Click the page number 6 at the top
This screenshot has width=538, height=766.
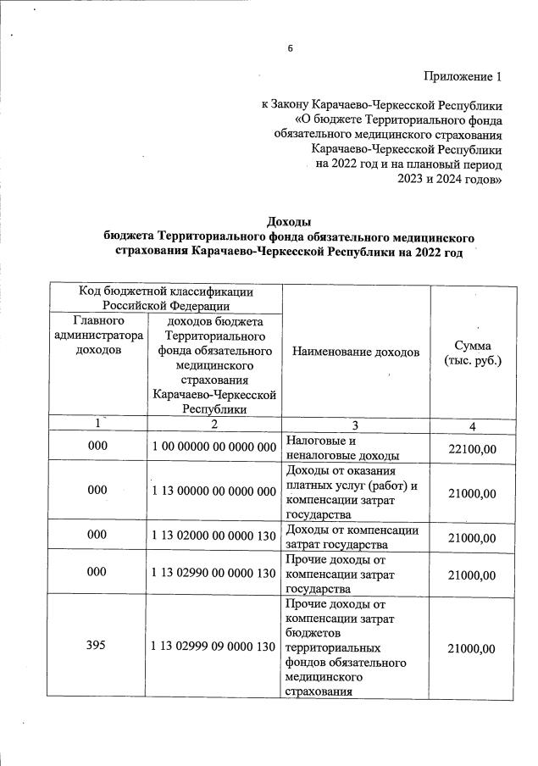click(290, 48)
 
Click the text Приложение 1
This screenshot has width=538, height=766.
click(463, 77)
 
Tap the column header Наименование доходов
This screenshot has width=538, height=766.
click(356, 351)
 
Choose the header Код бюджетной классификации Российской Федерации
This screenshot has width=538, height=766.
click(167, 297)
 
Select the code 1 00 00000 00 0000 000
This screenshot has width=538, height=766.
click(214, 447)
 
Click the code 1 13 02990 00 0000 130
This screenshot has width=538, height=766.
click(214, 574)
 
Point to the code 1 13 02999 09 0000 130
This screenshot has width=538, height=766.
click(214, 647)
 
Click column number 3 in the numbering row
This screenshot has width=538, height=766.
click(356, 424)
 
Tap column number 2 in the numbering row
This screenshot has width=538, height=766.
click(214, 424)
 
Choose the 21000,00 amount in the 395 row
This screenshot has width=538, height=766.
click(473, 647)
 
